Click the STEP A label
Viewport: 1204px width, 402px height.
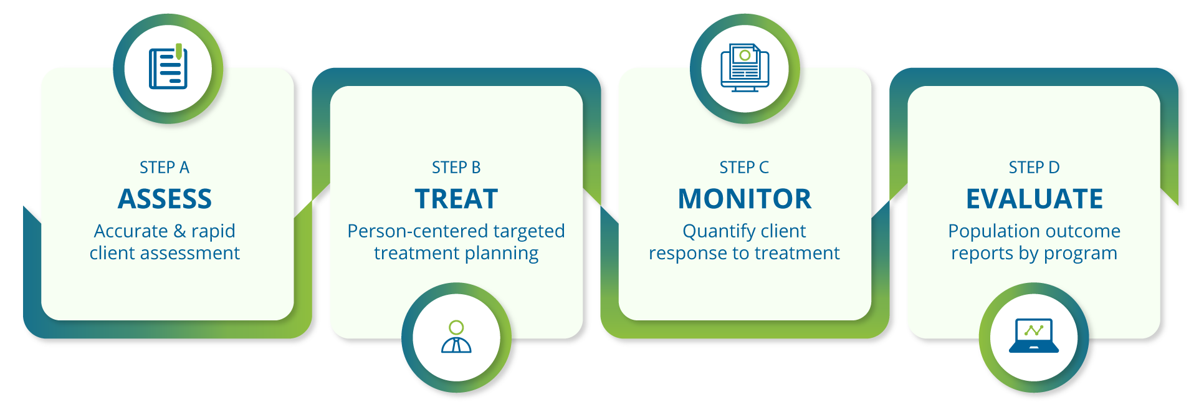[165, 168]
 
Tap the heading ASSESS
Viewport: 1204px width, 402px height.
[165, 199]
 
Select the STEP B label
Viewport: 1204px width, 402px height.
[456, 168]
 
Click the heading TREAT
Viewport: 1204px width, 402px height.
[456, 199]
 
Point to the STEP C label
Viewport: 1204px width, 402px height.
[744, 168]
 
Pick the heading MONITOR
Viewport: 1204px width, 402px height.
[745, 199]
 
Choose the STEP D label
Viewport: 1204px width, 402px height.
[1034, 168]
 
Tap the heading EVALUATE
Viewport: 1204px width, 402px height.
[1034, 199]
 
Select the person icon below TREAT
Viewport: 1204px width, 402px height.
[456, 337]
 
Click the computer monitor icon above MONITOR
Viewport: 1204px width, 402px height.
[745, 68]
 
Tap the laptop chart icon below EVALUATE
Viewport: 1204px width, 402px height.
[1034, 337]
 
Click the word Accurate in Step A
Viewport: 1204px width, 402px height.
[131, 231]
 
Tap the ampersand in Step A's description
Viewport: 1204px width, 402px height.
[180, 231]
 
